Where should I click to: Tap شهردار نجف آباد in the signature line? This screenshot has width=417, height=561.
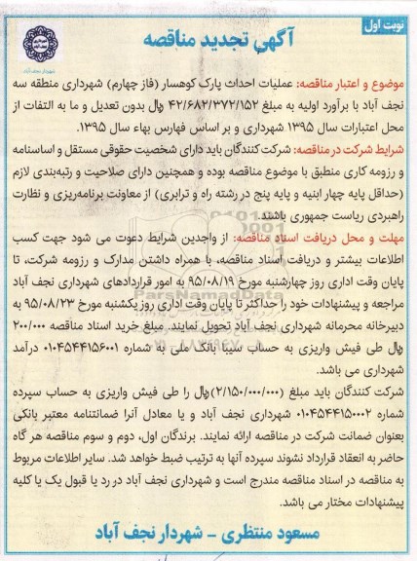click(146, 534)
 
